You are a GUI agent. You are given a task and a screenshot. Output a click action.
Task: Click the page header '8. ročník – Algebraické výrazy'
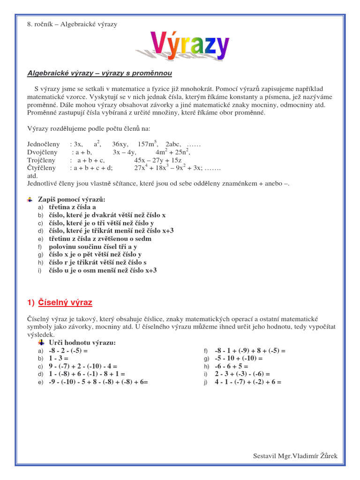(x=72, y=24)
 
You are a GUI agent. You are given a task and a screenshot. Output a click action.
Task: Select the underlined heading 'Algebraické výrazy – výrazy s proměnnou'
(x=100, y=73)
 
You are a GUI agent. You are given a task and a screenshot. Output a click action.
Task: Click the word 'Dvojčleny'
(x=43, y=152)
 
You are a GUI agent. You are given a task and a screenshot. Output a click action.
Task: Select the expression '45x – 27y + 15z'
(x=157, y=160)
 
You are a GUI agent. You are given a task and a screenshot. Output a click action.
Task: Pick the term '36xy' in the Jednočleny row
(x=120, y=144)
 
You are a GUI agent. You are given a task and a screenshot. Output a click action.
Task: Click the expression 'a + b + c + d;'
(x=91, y=168)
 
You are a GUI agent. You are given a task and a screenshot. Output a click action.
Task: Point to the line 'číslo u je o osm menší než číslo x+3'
(x=103, y=271)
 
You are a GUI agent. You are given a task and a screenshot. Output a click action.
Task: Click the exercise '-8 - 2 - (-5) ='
(x=68, y=351)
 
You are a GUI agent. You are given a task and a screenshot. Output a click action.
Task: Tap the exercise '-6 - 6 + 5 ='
(x=232, y=367)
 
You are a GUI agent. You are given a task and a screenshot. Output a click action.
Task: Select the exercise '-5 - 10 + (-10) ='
(x=239, y=359)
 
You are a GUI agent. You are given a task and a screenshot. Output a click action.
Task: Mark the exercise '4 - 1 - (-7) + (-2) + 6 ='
(x=248, y=382)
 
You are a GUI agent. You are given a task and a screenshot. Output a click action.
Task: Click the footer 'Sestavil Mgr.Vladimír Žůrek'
(x=295, y=456)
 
